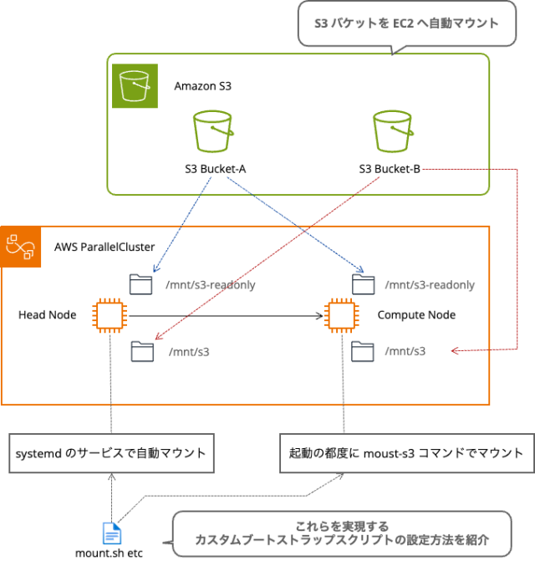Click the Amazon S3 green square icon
pos(134,85)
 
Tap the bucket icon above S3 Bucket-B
pos(393,131)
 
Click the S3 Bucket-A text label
pos(215,169)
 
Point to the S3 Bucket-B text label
pos(390,169)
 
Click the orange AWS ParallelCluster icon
pos(21,247)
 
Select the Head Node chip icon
pos(110,315)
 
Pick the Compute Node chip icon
pos(341,315)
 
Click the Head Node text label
pos(47,315)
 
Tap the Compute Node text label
pos(416,315)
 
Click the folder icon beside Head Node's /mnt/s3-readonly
pos(142,284)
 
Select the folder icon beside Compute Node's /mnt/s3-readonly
pos(363,284)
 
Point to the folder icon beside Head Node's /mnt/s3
pos(142,351)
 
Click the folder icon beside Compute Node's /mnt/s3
pos(363,351)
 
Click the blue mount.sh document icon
pos(111,533)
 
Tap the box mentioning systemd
pos(110,453)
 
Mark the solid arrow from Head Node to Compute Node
pos(226,316)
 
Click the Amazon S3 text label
pos(202,86)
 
